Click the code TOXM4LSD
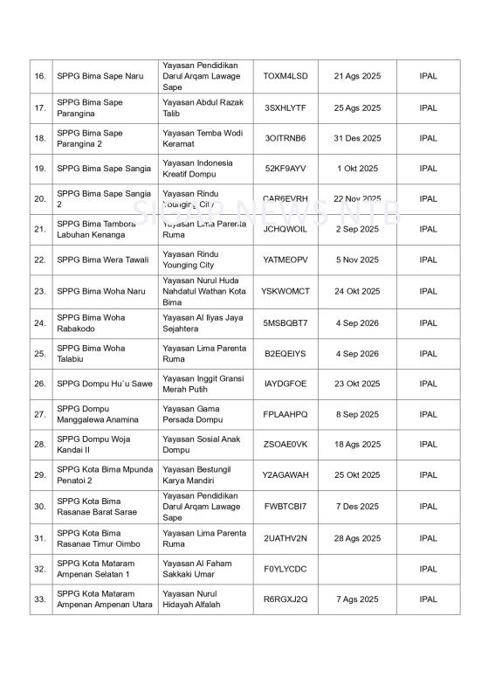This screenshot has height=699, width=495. click(x=285, y=76)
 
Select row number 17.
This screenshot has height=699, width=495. click(x=40, y=108)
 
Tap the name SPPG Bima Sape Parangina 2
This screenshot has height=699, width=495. click(x=90, y=138)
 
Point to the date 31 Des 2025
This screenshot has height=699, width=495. click(x=357, y=138)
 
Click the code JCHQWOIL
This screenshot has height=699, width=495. click(x=285, y=229)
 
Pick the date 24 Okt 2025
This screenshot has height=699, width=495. click(x=357, y=291)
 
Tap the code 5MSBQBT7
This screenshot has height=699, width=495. click(x=285, y=323)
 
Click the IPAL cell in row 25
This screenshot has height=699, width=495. click(x=428, y=354)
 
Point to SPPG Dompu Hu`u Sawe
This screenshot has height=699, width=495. click(x=104, y=384)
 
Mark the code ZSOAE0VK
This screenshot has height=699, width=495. click(x=285, y=445)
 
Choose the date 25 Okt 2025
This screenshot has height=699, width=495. click(x=357, y=475)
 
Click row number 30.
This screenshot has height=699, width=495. click(x=40, y=507)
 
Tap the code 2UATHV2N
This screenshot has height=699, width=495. click(x=285, y=538)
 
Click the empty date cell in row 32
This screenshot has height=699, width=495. click(x=357, y=569)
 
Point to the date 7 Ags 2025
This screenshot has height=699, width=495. click(x=357, y=599)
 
